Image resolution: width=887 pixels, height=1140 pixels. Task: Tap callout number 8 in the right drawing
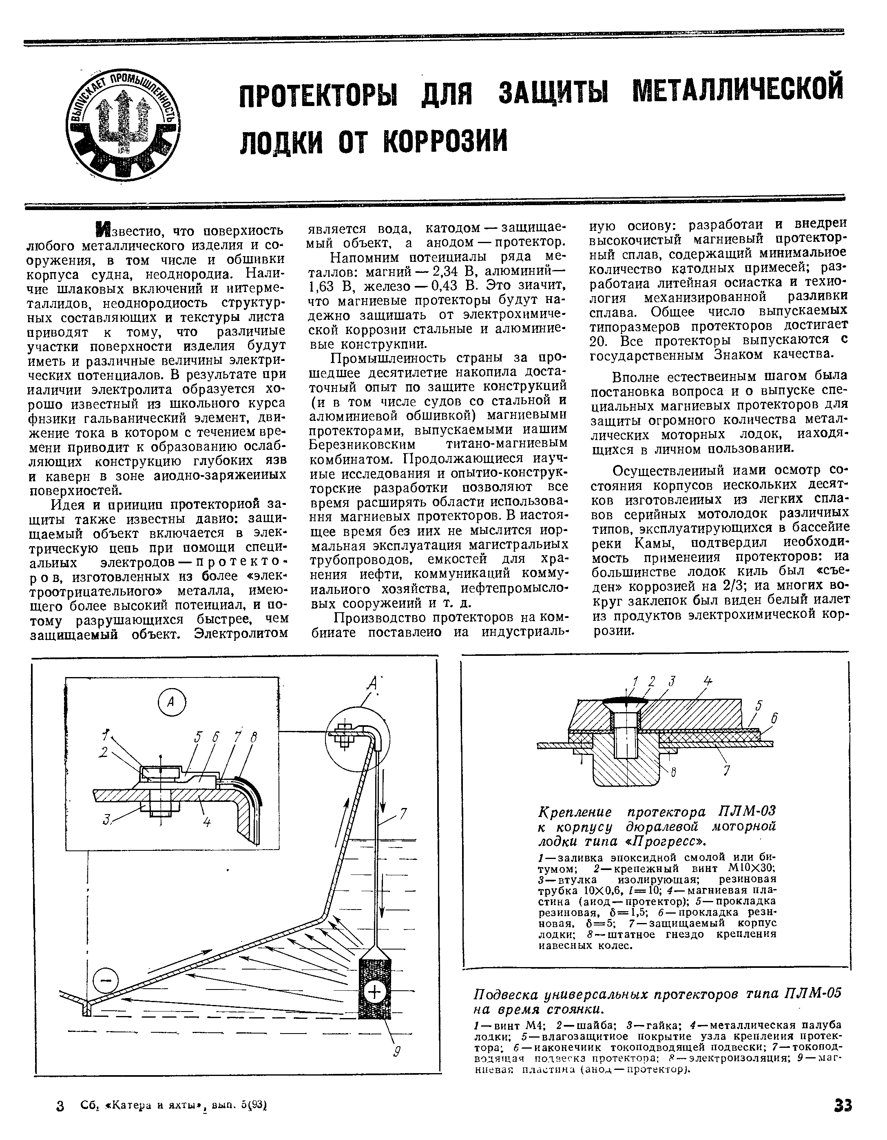pos(673,773)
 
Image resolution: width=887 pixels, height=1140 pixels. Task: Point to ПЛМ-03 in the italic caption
pos(747,812)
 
